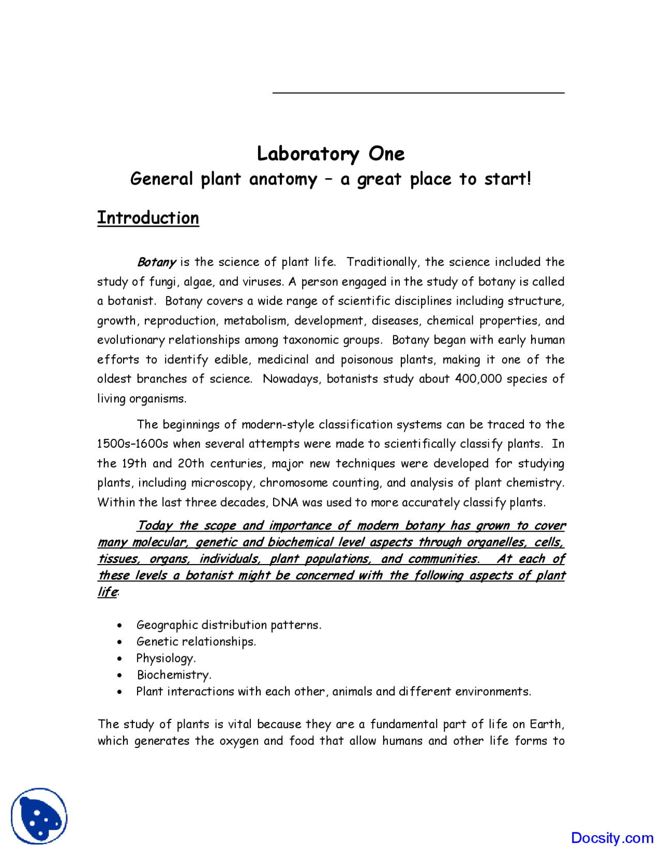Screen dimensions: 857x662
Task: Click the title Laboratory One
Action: (330, 154)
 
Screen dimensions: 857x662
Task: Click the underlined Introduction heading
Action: (148, 218)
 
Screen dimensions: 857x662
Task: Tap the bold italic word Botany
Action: (156, 262)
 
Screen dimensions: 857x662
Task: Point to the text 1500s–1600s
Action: (132, 444)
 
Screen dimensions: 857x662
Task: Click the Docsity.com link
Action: (612, 838)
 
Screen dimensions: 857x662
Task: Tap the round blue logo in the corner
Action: (39, 816)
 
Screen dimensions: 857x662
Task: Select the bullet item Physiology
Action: (165, 658)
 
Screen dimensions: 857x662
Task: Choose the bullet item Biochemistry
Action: (174, 675)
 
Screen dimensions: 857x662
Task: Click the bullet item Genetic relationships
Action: (196, 642)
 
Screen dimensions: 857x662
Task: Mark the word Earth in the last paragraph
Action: (546, 724)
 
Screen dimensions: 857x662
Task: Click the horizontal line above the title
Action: (418, 93)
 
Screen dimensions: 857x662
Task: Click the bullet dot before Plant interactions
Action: (119, 692)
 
